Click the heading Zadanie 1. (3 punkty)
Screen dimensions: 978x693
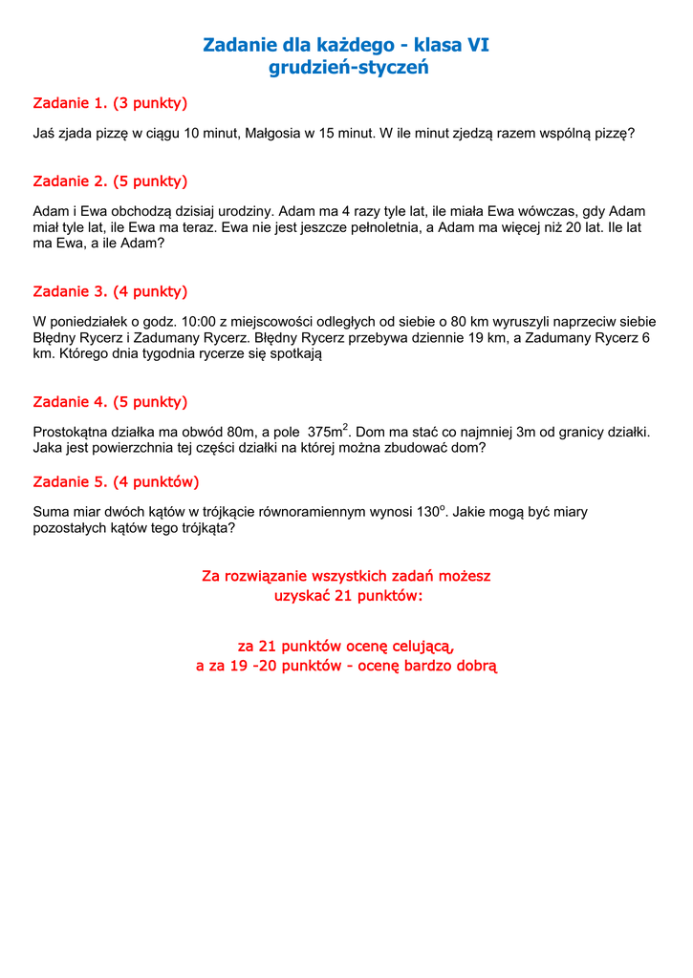click(110, 102)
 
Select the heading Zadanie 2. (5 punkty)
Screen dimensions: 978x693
click(110, 181)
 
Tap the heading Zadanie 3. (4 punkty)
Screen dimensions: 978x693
click(110, 291)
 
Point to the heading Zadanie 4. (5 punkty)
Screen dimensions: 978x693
click(110, 401)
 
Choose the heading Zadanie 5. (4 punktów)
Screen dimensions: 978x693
click(116, 481)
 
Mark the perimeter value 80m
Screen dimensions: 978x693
click(232, 433)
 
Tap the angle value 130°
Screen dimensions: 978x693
click(431, 512)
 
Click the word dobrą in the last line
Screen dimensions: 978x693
click(476, 666)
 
